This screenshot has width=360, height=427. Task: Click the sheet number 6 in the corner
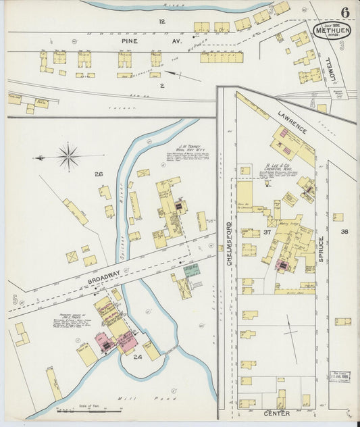345,12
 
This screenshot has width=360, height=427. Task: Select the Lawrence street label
291,120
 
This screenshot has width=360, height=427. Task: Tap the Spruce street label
322,248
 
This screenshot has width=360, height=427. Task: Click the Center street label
277,413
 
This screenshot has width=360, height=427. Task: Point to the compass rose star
68,157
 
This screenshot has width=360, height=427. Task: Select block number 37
267,232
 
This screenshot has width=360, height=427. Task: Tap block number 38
344,232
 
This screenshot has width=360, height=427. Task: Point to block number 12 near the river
161,22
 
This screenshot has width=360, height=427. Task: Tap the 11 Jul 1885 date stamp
339,375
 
